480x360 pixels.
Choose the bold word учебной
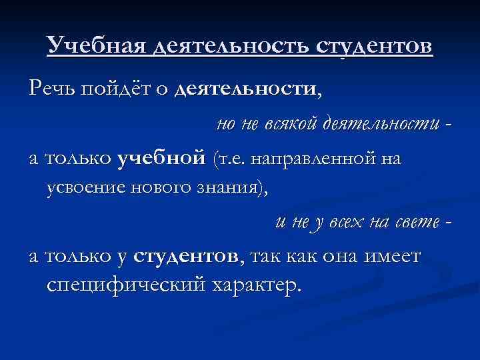160,159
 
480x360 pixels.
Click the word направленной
312,159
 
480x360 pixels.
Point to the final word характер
253,286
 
